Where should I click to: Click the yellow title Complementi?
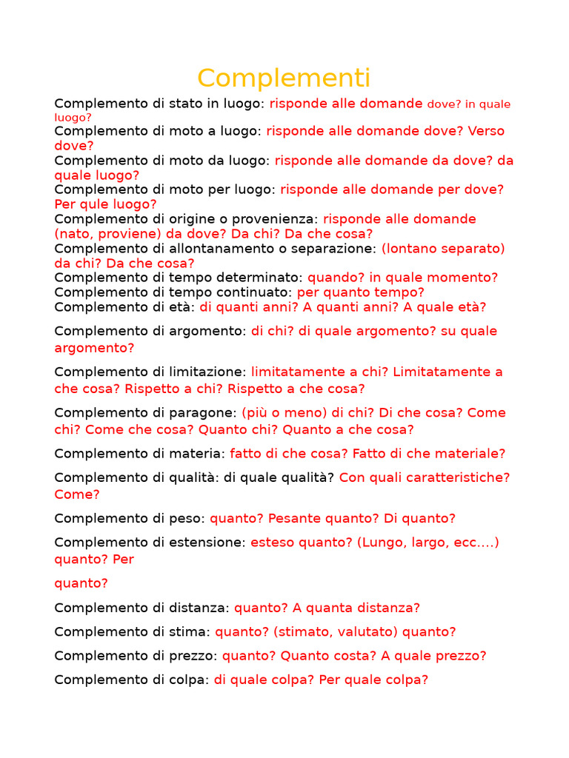pos(284,78)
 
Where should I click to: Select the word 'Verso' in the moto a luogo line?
pos(486,131)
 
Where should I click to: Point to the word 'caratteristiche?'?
pos(461,477)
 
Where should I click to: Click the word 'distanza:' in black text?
pos(199,608)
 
